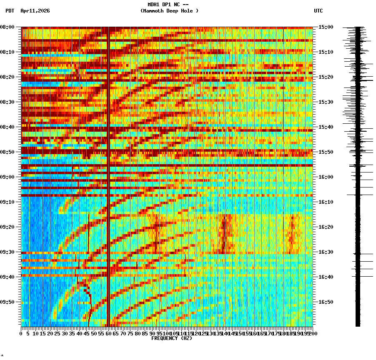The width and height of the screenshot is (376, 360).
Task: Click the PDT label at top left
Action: pos(10,11)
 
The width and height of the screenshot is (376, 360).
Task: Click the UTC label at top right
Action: pos(318,11)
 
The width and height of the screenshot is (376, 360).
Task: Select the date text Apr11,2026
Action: pos(35,11)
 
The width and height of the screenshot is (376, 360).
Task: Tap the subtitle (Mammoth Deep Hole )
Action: pos(169,11)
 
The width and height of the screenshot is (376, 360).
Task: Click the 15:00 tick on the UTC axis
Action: pos(326,27)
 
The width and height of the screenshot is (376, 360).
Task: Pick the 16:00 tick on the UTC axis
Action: pos(326,177)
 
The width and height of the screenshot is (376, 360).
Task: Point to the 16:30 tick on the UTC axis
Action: pos(326,252)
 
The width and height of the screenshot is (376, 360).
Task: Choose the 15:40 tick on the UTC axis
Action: pos(326,127)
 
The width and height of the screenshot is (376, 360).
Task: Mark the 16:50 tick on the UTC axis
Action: pos(326,302)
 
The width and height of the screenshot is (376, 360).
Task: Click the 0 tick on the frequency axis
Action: pos(21,334)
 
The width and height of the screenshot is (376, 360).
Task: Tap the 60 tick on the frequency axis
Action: pos(108,334)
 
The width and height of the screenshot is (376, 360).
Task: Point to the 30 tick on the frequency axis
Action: pos(65,334)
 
